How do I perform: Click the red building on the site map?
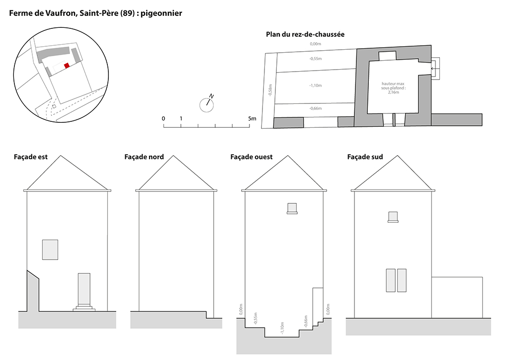67,66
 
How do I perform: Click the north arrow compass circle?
206,105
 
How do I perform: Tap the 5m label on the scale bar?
252,118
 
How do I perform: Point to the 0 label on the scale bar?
163,118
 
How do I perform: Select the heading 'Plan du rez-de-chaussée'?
305,34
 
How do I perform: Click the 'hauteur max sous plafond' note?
393,88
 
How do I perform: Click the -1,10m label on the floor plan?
315,86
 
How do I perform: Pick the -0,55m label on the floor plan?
315,59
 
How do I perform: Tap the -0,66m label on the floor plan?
315,108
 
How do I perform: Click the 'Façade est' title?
30,157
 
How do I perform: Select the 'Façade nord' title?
144,157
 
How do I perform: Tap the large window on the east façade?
50,250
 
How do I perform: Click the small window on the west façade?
292,208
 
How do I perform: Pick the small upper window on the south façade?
393,216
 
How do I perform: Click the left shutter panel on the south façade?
391,280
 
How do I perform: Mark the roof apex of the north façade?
173,156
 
